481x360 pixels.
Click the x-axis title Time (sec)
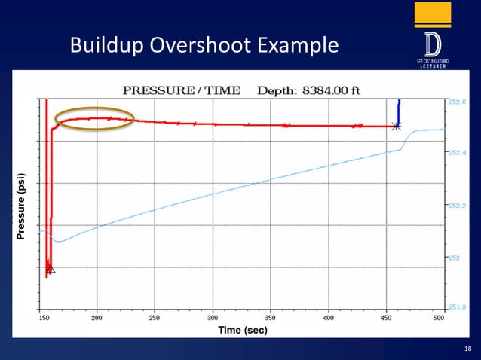pyautogui.click(x=242, y=331)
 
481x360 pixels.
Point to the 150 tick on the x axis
pyautogui.click(x=44, y=319)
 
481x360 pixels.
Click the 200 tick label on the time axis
pyautogui.click(x=97, y=319)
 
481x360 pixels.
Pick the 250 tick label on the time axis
pyautogui.click(x=155, y=319)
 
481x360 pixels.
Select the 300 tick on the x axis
pyautogui.click(x=213, y=319)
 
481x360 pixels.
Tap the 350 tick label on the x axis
pyautogui.click(x=271, y=319)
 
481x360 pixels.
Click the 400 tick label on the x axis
pyautogui.click(x=328, y=319)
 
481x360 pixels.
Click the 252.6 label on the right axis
pyautogui.click(x=458, y=101)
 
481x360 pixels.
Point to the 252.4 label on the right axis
pyautogui.click(x=458, y=153)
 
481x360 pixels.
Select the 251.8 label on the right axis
pyautogui.click(x=458, y=307)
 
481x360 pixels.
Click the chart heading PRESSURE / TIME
pyautogui.click(x=182, y=90)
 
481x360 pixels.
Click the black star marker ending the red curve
pyautogui.click(x=397, y=126)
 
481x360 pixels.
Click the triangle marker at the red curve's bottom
pyautogui.click(x=51, y=269)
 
